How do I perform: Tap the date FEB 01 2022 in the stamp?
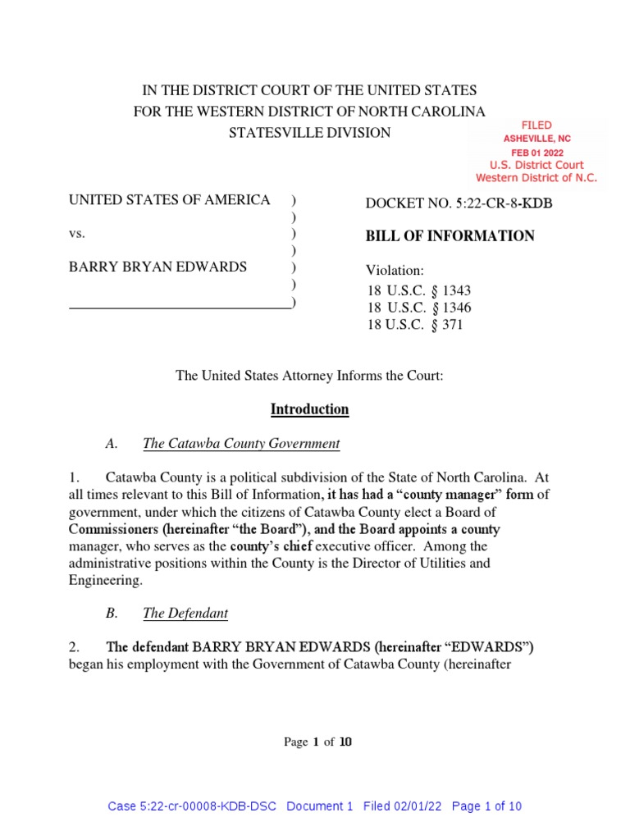[537, 153]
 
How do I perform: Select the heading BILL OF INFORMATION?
[450, 236]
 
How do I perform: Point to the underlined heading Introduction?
[310, 409]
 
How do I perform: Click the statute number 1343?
[456, 291]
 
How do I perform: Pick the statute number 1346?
[456, 308]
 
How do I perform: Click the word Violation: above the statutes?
[395, 270]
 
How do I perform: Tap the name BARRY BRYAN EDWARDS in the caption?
[157, 267]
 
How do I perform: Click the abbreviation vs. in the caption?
[77, 234]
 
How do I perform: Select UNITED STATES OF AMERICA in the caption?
[169, 200]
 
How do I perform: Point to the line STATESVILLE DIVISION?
[309, 133]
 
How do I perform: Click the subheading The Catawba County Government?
[241, 444]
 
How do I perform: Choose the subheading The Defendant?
[185, 613]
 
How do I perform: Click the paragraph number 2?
[74, 647]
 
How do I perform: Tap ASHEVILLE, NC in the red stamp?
[537, 139]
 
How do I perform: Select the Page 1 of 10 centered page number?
[317, 742]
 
